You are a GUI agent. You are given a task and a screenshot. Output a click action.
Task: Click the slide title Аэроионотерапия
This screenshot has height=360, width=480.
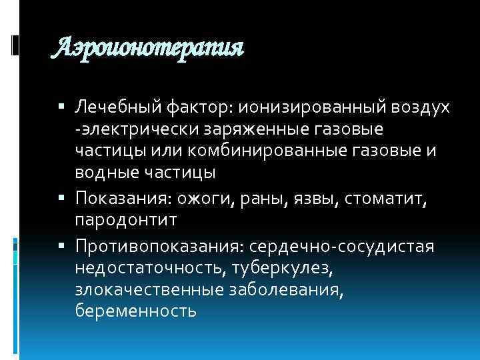point(148,47)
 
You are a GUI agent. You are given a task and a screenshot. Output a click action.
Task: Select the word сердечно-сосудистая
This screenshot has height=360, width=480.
point(341,246)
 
